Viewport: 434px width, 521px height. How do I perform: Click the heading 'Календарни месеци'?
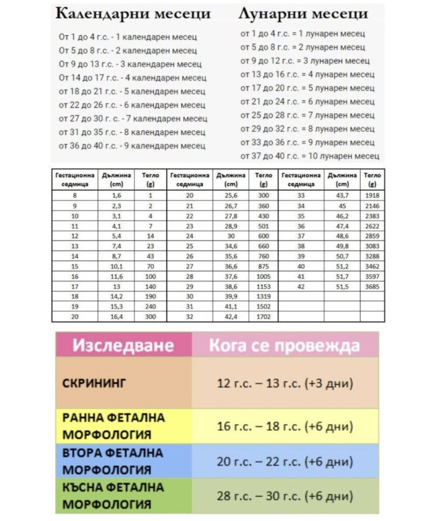click(x=133, y=13)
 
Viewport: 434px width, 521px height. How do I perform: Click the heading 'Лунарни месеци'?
click(x=303, y=14)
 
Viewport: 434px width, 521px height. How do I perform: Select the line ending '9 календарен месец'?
click(x=132, y=146)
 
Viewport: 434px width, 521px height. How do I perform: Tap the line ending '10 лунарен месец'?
click(x=310, y=156)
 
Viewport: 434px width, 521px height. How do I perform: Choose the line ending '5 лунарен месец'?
click(x=307, y=88)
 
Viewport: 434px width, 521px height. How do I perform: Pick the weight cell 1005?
click(x=263, y=276)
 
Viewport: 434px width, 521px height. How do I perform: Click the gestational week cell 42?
click(x=301, y=287)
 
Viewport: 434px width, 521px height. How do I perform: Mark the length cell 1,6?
click(x=116, y=196)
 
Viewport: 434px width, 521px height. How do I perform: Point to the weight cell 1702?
click(x=263, y=317)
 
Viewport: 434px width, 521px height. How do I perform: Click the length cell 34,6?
click(x=230, y=246)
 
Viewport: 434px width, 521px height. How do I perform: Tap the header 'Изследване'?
click(x=123, y=345)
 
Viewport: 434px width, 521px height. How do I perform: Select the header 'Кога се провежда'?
click(x=284, y=345)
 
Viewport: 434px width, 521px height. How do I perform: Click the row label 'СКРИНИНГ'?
click(x=94, y=383)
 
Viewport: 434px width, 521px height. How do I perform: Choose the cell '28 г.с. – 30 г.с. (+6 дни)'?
click(x=285, y=496)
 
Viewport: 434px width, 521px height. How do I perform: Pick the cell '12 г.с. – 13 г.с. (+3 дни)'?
click(x=285, y=383)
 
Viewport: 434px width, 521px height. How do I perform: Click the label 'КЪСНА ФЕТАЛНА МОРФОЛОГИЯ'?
click(x=113, y=496)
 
